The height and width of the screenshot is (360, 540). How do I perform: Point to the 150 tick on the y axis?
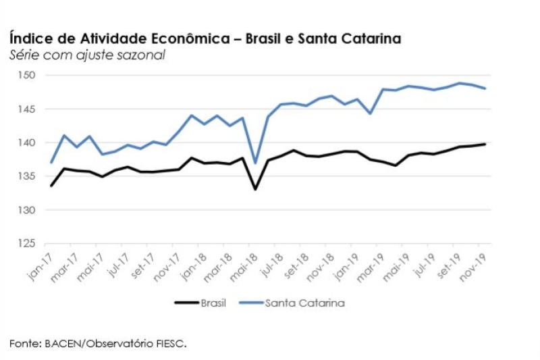click(26, 75)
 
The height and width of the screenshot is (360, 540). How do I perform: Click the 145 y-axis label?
click(26, 109)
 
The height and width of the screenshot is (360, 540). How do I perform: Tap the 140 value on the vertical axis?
click(26, 143)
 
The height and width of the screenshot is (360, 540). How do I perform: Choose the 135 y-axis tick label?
click(26, 176)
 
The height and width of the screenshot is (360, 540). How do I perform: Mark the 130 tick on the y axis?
click(26, 210)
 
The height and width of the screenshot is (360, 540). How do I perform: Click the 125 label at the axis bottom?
click(26, 244)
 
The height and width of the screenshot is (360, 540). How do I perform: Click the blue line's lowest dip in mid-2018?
click(255, 163)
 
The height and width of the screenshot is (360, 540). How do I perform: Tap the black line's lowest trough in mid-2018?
click(255, 189)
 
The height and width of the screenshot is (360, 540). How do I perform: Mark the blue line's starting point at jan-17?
click(51, 163)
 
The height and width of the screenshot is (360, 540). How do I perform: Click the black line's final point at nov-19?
click(485, 144)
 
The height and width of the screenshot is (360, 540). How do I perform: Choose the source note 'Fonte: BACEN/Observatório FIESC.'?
click(98, 344)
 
